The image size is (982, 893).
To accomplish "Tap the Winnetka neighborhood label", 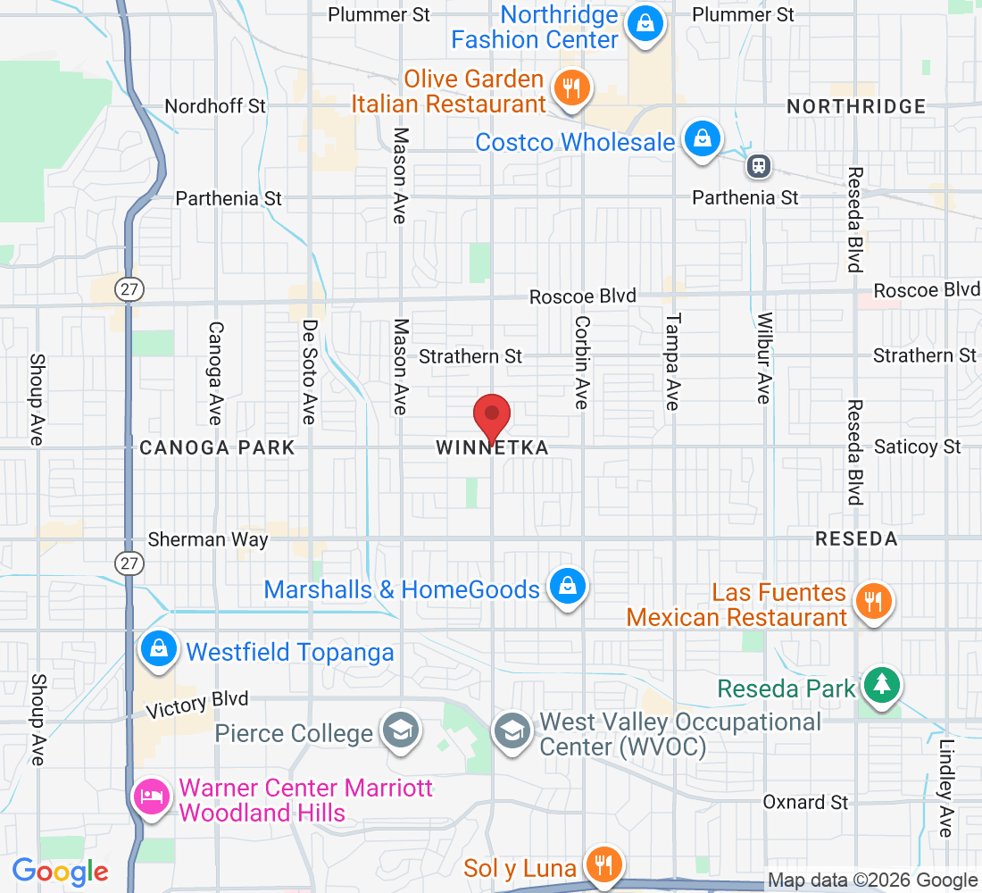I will [492, 447].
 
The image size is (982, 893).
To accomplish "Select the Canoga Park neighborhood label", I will [217, 447].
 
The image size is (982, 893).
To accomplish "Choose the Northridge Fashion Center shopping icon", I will [644, 23].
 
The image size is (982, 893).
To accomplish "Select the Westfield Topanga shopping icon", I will [158, 649].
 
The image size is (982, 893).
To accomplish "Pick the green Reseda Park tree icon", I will [881, 685].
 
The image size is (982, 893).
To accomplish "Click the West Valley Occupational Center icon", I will [512, 730].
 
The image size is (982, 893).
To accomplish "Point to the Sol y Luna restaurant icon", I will [603, 864].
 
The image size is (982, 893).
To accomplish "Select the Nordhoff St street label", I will [215, 106].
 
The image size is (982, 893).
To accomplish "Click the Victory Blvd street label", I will [197, 705].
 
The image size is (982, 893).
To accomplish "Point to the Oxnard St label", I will [805, 803].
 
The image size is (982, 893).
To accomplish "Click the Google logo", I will [60, 872].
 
